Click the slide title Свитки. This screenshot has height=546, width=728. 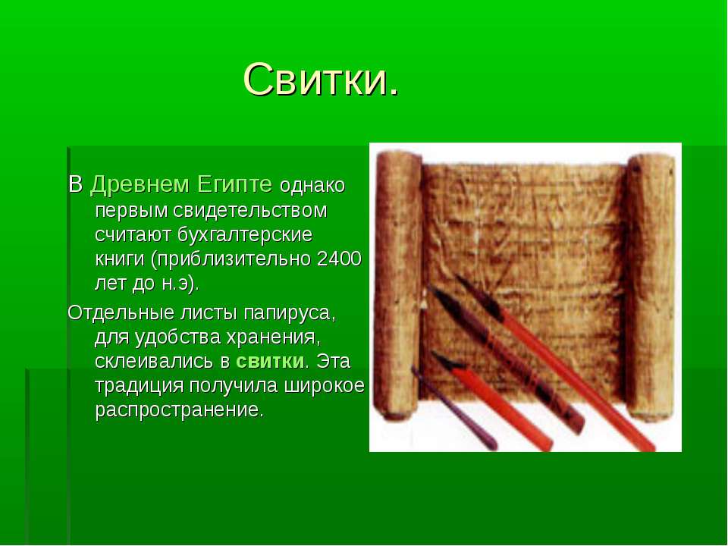click(321, 80)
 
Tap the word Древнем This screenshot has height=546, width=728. click(140, 184)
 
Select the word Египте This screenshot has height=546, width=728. click(234, 185)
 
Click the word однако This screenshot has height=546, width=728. click(312, 186)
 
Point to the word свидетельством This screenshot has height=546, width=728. click(251, 210)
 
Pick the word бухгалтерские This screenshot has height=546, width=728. click(245, 235)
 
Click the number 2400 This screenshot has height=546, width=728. click(339, 259)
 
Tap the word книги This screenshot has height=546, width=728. click(120, 259)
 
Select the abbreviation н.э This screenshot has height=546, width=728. click(177, 284)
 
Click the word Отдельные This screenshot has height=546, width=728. click(120, 313)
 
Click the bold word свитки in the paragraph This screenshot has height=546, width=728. click(270, 361)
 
